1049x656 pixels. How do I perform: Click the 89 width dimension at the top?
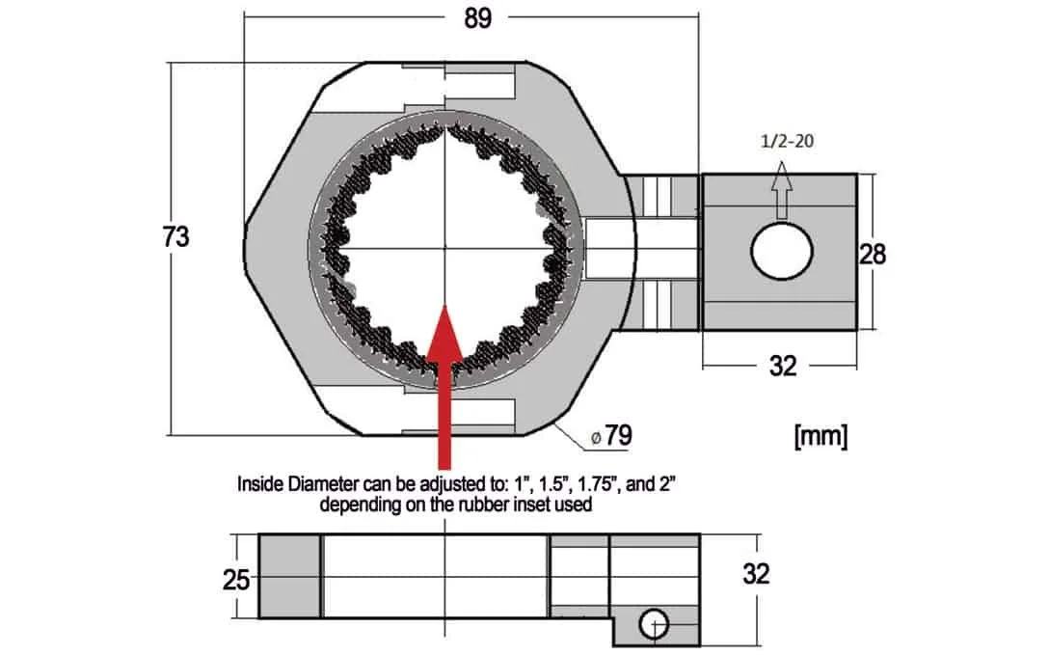[x=477, y=18]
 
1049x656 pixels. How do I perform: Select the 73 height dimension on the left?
[x=176, y=237]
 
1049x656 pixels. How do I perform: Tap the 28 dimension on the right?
[x=872, y=254]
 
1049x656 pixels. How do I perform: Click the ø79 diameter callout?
[x=611, y=436]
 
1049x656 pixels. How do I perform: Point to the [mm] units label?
[x=820, y=436]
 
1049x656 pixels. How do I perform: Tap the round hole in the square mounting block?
[x=782, y=254]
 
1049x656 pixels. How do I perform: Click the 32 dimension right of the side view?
[x=757, y=573]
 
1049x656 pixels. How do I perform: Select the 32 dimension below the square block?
[x=782, y=366]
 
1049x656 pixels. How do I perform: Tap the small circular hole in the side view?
[x=654, y=624]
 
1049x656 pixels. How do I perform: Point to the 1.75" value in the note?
[x=574, y=483]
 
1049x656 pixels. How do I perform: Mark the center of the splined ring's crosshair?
[x=444, y=249]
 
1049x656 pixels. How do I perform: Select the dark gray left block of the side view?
[x=289, y=576]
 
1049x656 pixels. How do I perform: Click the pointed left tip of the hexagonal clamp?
[x=245, y=249]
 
